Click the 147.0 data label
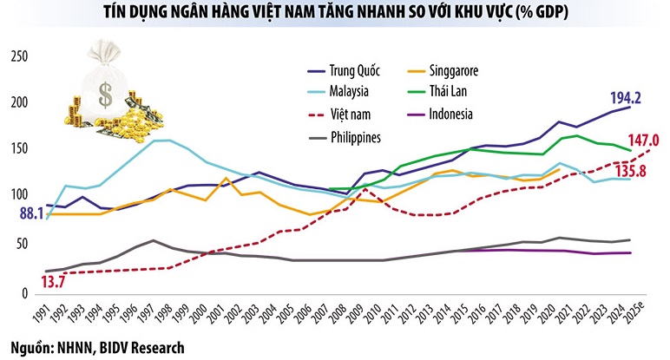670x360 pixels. (644, 139)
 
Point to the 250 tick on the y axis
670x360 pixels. (18, 57)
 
